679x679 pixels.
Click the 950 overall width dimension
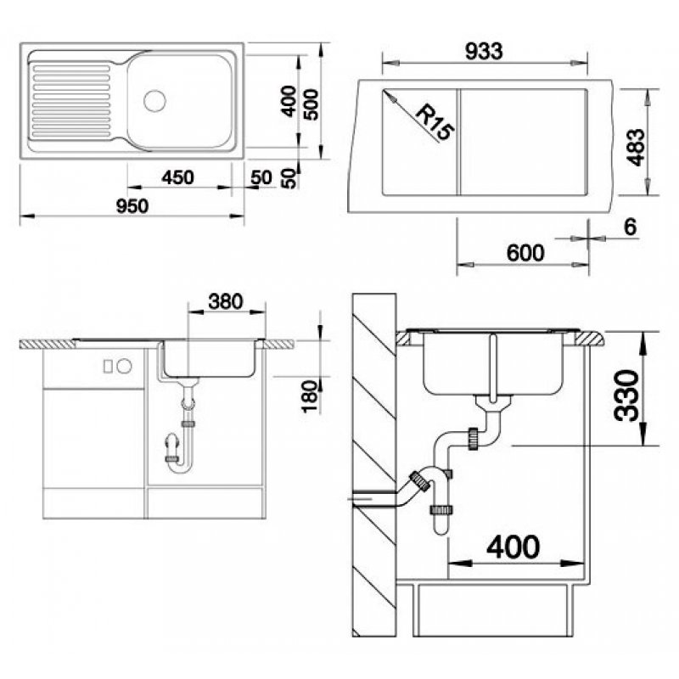(132, 206)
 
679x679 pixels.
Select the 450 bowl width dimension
(177, 177)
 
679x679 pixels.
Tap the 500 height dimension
(311, 104)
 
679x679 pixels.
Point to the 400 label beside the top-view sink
(289, 101)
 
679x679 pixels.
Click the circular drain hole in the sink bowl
(154, 100)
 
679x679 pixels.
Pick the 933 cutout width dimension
(484, 51)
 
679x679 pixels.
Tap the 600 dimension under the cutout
(525, 253)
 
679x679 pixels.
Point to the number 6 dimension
(630, 227)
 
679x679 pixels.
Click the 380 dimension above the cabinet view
(226, 301)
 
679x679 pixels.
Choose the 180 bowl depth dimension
(311, 396)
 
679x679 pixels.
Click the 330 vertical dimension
(626, 396)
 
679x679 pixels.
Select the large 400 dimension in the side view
(513, 547)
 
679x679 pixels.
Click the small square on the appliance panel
(108, 367)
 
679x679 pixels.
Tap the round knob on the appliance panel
(125, 367)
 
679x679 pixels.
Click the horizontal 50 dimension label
(261, 177)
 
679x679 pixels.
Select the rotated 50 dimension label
(289, 178)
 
